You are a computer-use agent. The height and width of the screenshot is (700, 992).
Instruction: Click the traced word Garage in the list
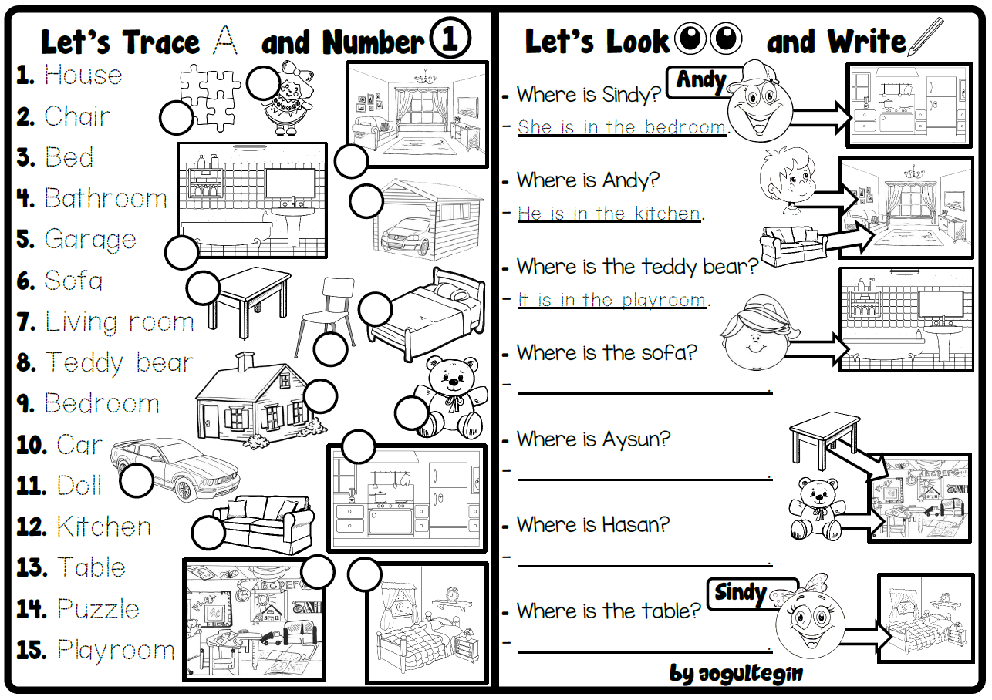[x=89, y=240]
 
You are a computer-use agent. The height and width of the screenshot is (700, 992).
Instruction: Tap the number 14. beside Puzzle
[x=34, y=609]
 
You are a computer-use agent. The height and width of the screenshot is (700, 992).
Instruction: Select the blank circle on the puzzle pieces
[x=177, y=119]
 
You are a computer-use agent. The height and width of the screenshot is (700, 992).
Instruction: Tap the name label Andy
[x=700, y=80]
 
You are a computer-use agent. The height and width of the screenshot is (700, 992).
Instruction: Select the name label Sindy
[x=741, y=592]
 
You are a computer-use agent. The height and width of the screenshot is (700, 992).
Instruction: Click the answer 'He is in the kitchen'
[x=609, y=214]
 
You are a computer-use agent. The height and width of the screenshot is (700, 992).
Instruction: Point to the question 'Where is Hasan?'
[x=592, y=525]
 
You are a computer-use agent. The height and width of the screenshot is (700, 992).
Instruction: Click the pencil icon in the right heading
[x=926, y=36]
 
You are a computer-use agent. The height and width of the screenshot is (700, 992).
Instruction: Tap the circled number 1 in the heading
[x=450, y=40]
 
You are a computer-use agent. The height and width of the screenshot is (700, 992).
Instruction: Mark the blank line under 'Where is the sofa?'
[x=644, y=392]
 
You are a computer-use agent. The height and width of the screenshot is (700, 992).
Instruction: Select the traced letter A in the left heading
[x=225, y=40]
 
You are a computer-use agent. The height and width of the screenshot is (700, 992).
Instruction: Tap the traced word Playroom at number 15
[x=116, y=650]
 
